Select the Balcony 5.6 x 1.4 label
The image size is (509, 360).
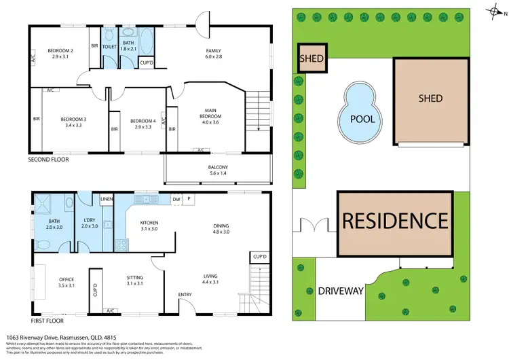[218, 170]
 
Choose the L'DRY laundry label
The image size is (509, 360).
[90, 222]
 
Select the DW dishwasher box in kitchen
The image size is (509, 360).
[176, 200]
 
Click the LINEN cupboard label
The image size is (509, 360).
[107, 198]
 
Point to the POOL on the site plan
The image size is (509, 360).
[362, 118]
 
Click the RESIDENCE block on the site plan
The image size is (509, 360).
[395, 221]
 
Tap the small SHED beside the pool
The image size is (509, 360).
[312, 58]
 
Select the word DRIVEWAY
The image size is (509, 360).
[341, 291]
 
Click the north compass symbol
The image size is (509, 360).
[494, 11]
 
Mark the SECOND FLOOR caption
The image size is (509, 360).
[49, 160]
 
